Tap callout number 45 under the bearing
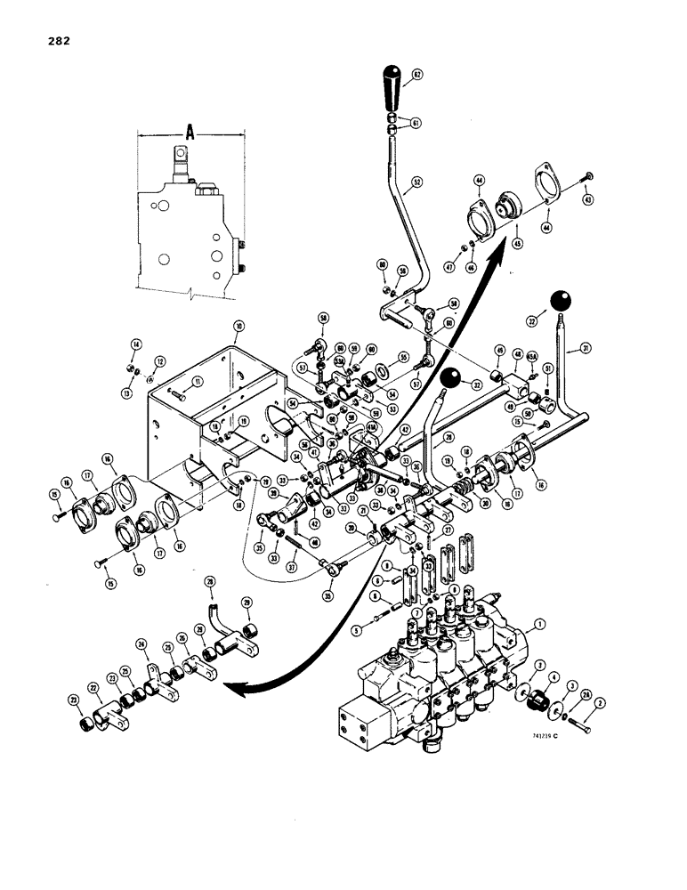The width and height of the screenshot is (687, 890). [518, 239]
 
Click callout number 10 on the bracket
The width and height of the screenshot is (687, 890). [238, 326]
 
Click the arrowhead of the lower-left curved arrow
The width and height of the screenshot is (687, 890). [230, 684]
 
